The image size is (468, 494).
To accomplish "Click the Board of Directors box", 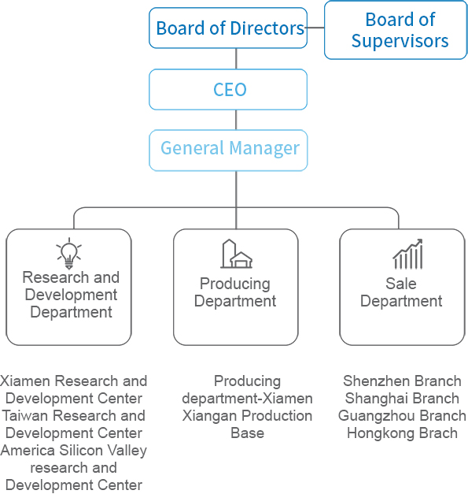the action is point(228,28).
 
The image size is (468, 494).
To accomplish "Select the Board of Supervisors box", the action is point(396,30).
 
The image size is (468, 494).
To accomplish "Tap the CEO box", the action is point(228,90).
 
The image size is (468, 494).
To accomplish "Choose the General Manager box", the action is point(228,150).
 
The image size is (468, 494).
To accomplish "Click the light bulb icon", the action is point(69,253).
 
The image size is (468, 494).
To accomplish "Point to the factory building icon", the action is point(236,254).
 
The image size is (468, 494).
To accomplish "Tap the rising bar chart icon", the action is point(407,254).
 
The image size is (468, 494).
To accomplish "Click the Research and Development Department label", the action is point(71,295).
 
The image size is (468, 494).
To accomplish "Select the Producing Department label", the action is point(235,292).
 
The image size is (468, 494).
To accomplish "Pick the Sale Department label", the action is point(401,292).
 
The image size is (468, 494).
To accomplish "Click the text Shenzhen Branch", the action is point(402,381).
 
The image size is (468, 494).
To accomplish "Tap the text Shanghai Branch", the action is point(402,398).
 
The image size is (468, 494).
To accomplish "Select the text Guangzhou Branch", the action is point(402,415).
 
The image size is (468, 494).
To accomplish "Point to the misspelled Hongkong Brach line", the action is point(402,433).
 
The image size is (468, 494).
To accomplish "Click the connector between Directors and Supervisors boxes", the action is point(315,28).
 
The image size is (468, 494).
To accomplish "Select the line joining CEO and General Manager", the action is point(236,120).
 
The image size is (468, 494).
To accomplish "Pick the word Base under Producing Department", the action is point(247,433).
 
